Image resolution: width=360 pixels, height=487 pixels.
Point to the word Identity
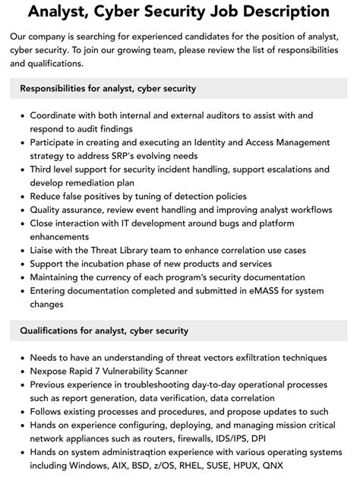[x=235, y=142]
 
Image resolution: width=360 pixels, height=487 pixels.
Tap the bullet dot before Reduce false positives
[x=21, y=197]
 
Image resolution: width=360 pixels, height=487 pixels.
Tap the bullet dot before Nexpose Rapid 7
[x=21, y=371]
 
